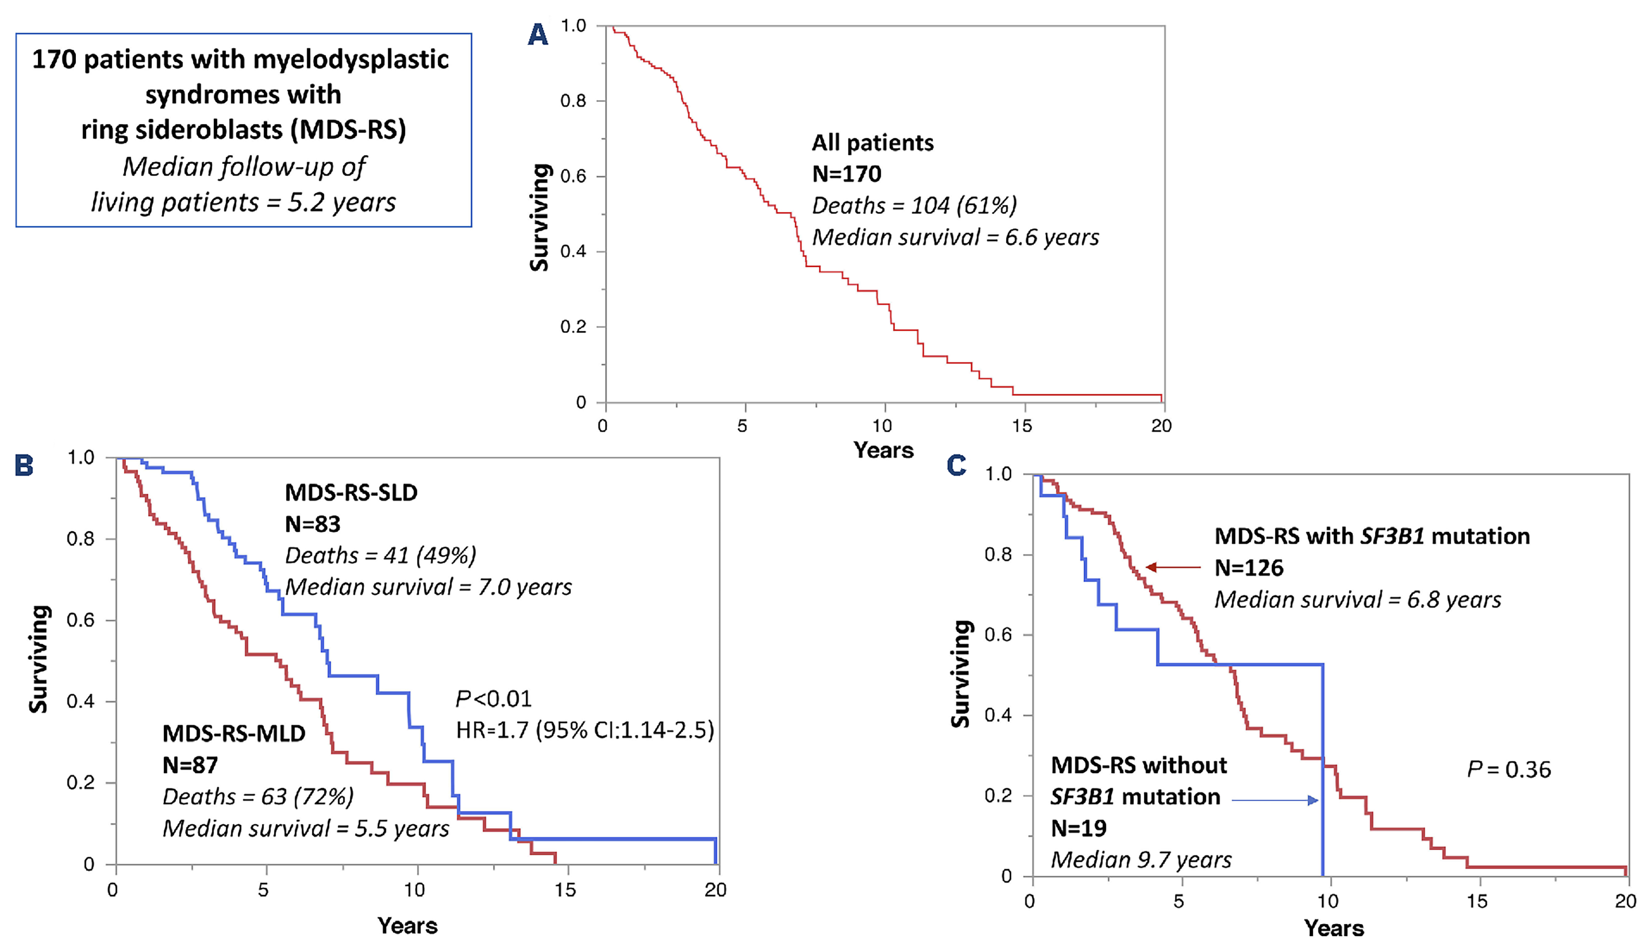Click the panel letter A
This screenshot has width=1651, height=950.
point(538,34)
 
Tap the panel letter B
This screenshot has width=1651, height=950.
point(24,465)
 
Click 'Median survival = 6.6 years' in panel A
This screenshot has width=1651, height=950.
point(955,237)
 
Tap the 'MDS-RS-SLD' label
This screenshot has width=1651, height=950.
point(351,493)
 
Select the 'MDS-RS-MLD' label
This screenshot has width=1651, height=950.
point(233,734)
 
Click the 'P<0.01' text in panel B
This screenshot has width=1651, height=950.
point(493,699)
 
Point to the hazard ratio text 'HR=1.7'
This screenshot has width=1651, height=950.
point(491,730)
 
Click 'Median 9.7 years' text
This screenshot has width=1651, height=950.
point(1141,860)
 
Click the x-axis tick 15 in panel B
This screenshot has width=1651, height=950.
point(565,890)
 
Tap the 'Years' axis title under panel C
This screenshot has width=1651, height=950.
point(1334,928)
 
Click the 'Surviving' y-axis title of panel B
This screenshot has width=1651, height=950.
point(39,659)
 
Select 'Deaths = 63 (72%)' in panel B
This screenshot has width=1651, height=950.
point(258,797)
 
